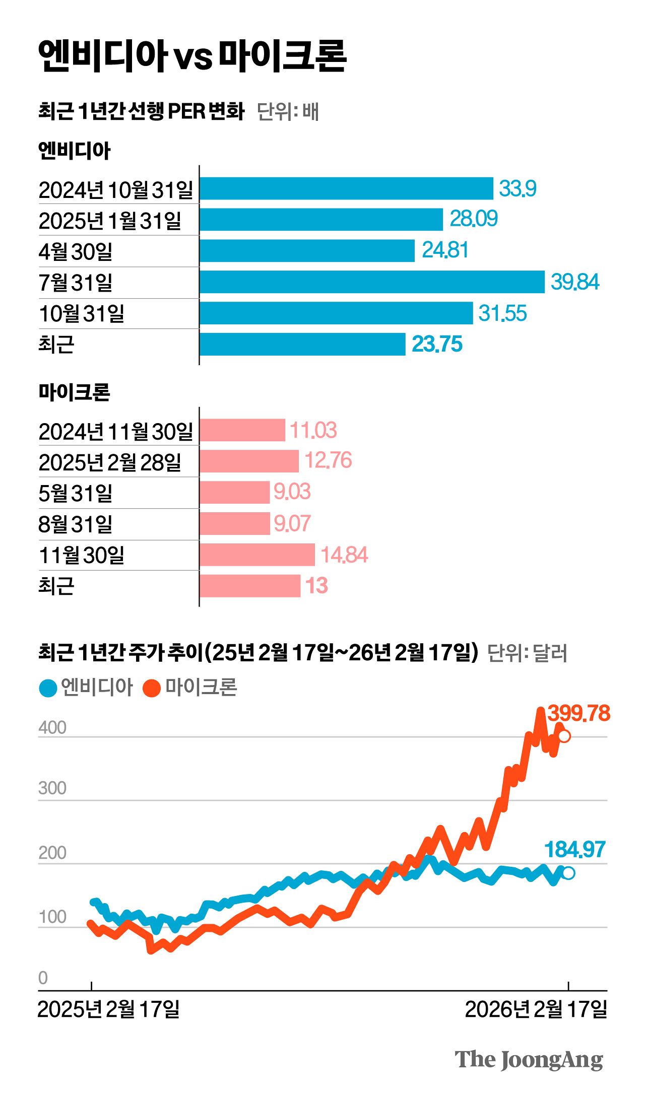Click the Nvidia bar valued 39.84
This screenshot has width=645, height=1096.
tap(372, 282)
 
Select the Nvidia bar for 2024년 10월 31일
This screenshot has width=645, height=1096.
tap(346, 188)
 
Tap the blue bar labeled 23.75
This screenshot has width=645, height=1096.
tap(302, 344)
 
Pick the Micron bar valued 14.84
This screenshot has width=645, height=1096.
tap(257, 555)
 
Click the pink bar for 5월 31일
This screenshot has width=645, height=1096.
tap(234, 492)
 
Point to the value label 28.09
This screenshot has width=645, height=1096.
tap(473, 219)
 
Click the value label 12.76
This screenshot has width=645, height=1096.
tap(328, 460)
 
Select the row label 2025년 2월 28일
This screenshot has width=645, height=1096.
tap(110, 462)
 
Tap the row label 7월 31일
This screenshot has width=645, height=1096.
tap(76, 283)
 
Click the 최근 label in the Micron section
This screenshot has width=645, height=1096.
tap(56, 586)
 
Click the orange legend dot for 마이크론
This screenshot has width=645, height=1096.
tap(151, 688)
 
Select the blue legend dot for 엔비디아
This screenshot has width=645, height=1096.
tap(48, 688)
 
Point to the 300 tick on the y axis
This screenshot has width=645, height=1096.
tap(52, 788)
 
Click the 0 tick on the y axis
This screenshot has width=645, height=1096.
tap(43, 978)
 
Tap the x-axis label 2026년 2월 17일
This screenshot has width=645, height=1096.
tap(536, 1010)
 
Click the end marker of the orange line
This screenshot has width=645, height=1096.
tap(564, 736)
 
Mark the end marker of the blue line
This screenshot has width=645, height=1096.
tap(568, 873)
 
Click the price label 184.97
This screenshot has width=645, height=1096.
tap(574, 850)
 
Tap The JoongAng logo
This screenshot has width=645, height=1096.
tap(529, 1060)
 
